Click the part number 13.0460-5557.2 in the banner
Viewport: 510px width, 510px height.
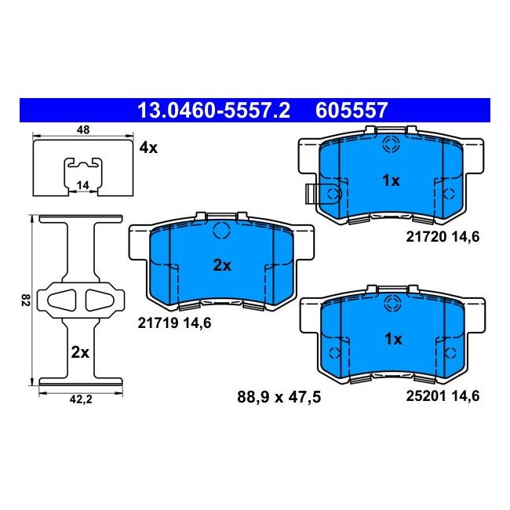pyautogui.click(x=213, y=111)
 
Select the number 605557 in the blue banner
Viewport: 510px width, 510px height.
pyautogui.click(x=352, y=111)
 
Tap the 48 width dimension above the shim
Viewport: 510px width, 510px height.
pyautogui.click(x=83, y=129)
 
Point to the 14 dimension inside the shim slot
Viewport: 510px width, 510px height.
pyautogui.click(x=83, y=185)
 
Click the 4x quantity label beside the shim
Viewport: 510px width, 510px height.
pyautogui.click(x=148, y=148)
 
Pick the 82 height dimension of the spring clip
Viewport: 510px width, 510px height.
pyautogui.click(x=26, y=300)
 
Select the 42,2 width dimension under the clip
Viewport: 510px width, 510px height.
pyautogui.click(x=81, y=399)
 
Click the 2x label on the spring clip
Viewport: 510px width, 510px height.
pyautogui.click(x=80, y=352)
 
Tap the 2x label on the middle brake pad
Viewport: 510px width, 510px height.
pyautogui.click(x=222, y=266)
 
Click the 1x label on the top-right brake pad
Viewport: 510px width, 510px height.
pyautogui.click(x=392, y=180)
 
